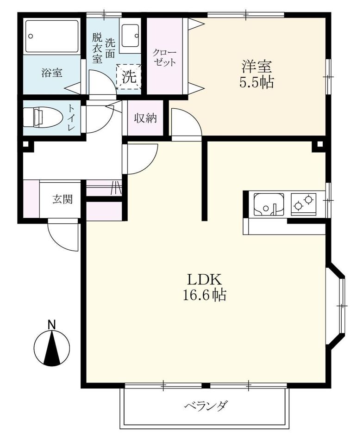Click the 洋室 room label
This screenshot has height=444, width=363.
point(257,66)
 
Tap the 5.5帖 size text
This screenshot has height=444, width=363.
point(257,82)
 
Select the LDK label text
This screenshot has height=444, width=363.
point(204,280)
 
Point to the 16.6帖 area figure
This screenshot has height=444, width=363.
point(204,295)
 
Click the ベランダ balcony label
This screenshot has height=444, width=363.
point(206,406)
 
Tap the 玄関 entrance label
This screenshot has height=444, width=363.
point(63,199)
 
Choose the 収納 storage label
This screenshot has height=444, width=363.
point(145,118)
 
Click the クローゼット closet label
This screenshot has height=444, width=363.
point(164,57)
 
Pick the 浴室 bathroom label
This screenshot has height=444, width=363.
point(52,73)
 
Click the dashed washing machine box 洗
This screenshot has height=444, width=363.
point(129,76)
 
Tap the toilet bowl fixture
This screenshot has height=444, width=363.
point(43,117)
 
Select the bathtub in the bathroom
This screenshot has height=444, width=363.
point(52,36)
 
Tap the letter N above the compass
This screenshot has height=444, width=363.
point(51,325)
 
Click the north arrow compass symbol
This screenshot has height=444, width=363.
point(51,348)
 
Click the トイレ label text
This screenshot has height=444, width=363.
point(70,117)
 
